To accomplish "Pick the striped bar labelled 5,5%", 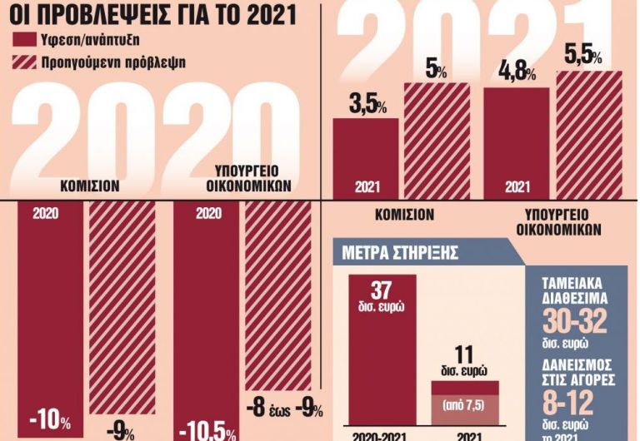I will [x=589, y=133].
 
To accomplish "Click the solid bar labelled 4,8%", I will [x=517, y=141].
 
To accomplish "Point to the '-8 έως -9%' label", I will [x=285, y=409].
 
